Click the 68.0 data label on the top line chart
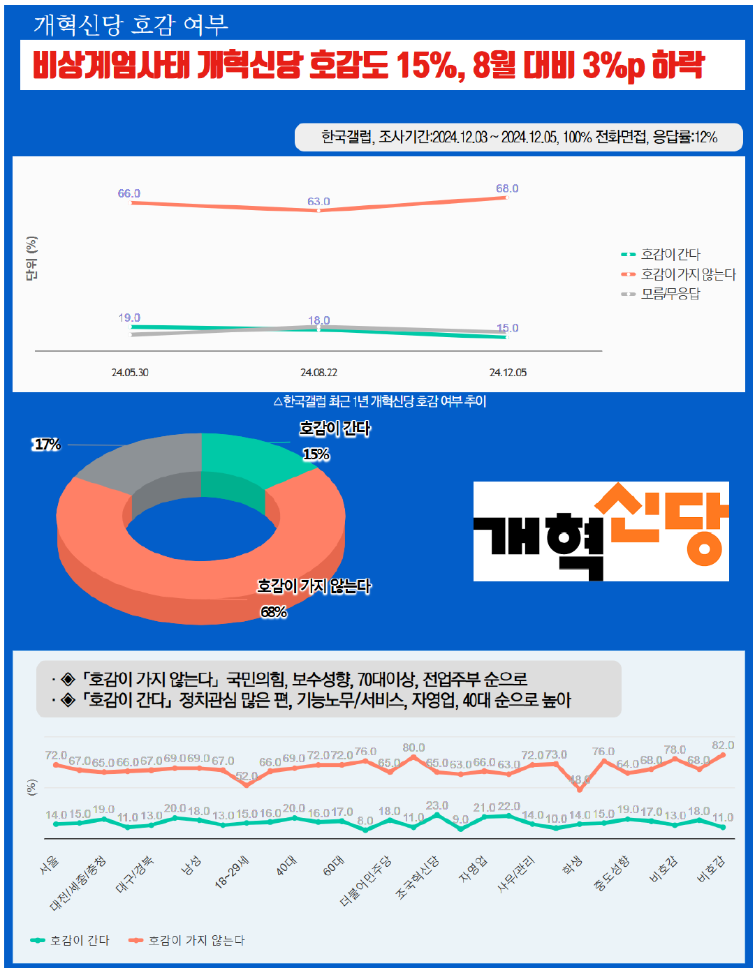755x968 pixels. [x=507, y=188]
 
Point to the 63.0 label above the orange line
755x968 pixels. [x=318, y=202]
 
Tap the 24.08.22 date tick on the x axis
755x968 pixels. [x=318, y=373]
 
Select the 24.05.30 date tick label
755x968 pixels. [x=130, y=373]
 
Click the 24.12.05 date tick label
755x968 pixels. [x=508, y=373]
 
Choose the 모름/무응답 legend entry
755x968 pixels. [x=670, y=294]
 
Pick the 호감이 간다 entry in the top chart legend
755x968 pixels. [x=670, y=255]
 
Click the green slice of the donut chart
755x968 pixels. [x=244, y=461]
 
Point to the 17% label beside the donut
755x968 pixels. [x=47, y=445]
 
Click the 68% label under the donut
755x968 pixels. [x=274, y=612]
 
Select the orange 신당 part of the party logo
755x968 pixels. [x=660, y=523]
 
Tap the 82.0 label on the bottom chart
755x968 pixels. [x=723, y=745]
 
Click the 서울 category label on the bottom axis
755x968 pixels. [x=50, y=866]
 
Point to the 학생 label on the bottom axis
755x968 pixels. [x=572, y=866]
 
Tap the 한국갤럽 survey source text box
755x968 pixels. [x=519, y=137]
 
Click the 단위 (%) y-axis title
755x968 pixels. [x=31, y=258]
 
